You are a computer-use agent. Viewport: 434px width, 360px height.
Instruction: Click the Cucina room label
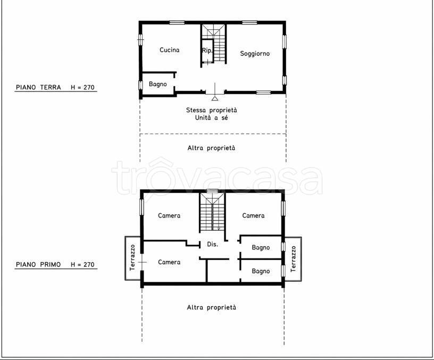click(x=169, y=50)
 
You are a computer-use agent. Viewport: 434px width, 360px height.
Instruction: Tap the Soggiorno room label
click(x=255, y=54)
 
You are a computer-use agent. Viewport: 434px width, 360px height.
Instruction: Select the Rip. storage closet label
click(x=207, y=51)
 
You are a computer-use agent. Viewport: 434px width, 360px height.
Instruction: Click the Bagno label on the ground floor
click(x=158, y=84)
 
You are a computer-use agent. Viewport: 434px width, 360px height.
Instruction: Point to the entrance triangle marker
click(x=215, y=98)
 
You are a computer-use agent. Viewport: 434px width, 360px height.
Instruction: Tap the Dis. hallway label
click(x=213, y=244)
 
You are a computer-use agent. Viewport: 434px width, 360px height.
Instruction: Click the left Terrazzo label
click(x=132, y=257)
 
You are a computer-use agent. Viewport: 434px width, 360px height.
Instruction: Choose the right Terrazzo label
click(x=293, y=259)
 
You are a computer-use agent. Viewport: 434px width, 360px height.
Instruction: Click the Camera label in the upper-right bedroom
click(x=253, y=215)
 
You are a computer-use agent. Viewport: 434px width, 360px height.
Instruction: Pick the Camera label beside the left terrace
click(x=169, y=262)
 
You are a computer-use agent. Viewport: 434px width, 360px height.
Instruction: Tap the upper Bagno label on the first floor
click(x=261, y=247)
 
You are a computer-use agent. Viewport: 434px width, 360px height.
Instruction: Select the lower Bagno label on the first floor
click(x=261, y=271)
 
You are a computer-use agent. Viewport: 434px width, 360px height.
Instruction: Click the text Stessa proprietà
click(x=212, y=110)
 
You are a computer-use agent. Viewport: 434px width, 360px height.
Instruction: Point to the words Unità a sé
click(x=212, y=118)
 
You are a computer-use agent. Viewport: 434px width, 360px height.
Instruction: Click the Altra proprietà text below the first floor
click(x=212, y=307)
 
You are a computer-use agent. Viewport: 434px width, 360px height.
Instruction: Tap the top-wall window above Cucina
click(x=177, y=22)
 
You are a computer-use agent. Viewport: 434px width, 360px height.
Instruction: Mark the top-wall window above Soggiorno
click(x=249, y=22)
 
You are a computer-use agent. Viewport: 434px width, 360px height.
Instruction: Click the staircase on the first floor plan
click(x=212, y=212)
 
